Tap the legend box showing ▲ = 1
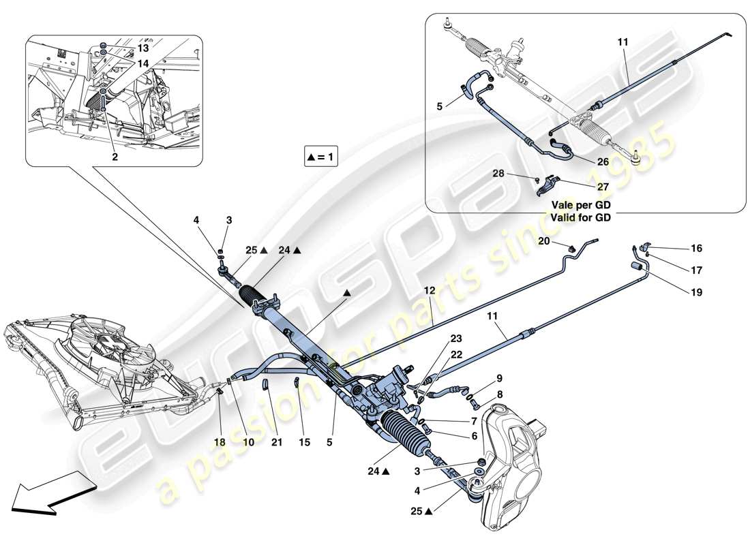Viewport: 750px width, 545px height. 322,157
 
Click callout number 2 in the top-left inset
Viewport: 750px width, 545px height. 115,157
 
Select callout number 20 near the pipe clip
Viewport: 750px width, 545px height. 544,240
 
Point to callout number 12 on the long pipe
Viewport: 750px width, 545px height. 429,291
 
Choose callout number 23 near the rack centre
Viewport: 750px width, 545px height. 455,338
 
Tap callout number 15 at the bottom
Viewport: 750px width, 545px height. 304,442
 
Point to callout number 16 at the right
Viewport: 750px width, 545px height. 696,249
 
